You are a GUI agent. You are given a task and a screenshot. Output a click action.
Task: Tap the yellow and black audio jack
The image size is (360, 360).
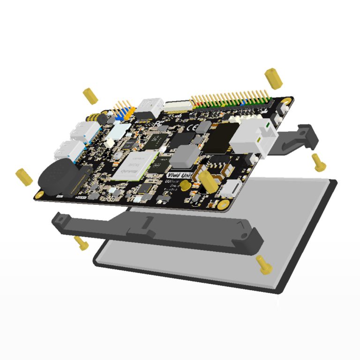tap(97, 119)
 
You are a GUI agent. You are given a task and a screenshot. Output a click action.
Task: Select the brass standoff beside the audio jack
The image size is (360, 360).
tap(90, 96)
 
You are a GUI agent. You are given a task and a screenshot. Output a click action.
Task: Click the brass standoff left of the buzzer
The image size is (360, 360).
tap(24, 176)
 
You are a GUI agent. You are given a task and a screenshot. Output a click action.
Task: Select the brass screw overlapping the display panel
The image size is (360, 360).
tap(264, 265)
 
